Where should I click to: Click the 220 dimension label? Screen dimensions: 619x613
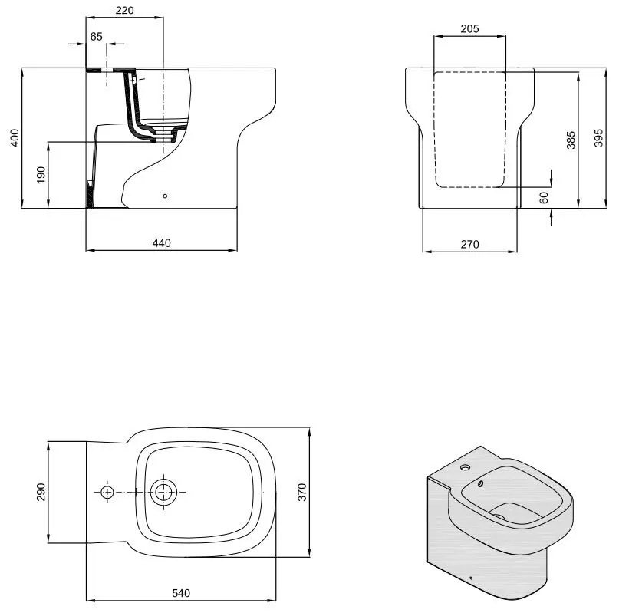click(x=124, y=10)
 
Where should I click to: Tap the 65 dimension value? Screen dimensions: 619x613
click(x=97, y=36)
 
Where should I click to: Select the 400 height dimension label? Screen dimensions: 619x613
click(x=15, y=138)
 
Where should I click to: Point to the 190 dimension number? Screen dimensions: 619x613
click(x=41, y=175)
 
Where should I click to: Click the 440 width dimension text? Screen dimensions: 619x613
click(x=161, y=243)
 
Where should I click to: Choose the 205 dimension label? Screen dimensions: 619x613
click(x=469, y=28)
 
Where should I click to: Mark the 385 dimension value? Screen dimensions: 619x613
click(x=571, y=140)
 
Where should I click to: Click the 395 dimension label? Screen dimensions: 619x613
click(x=598, y=138)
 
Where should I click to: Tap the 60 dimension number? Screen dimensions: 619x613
click(x=544, y=197)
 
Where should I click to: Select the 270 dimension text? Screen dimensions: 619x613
click(x=469, y=245)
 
